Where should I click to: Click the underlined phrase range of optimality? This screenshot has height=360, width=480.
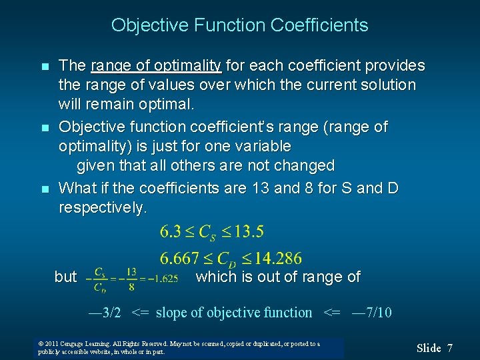(x=156, y=65)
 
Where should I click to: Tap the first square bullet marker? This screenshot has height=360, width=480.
(x=44, y=67)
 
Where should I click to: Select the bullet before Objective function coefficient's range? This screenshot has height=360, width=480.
(x=44, y=127)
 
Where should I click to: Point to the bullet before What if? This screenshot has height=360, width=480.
(x=44, y=189)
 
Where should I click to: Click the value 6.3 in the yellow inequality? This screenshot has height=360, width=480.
(x=171, y=232)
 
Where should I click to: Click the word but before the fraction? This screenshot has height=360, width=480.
(x=65, y=277)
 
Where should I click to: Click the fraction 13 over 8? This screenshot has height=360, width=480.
(x=131, y=279)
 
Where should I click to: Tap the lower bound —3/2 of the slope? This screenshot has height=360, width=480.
(x=105, y=312)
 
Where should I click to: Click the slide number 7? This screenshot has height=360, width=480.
(x=450, y=348)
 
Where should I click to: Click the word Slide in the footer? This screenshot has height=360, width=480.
(x=429, y=348)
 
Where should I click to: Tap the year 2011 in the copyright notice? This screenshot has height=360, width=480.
(x=52, y=344)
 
